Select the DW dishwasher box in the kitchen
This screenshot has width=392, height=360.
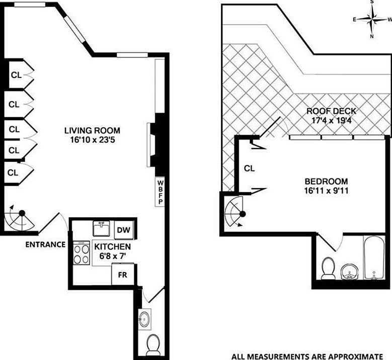124,230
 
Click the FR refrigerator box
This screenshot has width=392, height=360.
122,275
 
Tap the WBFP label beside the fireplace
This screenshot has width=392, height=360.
161,192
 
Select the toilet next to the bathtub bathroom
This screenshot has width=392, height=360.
328,267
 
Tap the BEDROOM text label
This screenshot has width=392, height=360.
326,181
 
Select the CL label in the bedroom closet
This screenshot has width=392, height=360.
249,168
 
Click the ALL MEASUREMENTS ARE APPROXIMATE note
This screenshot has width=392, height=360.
307,354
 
